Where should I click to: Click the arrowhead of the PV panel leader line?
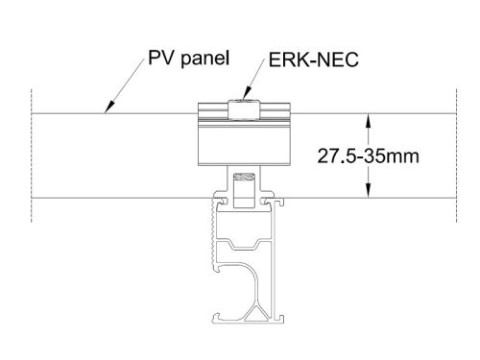point(108,112)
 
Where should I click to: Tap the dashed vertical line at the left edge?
point(32,154)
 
